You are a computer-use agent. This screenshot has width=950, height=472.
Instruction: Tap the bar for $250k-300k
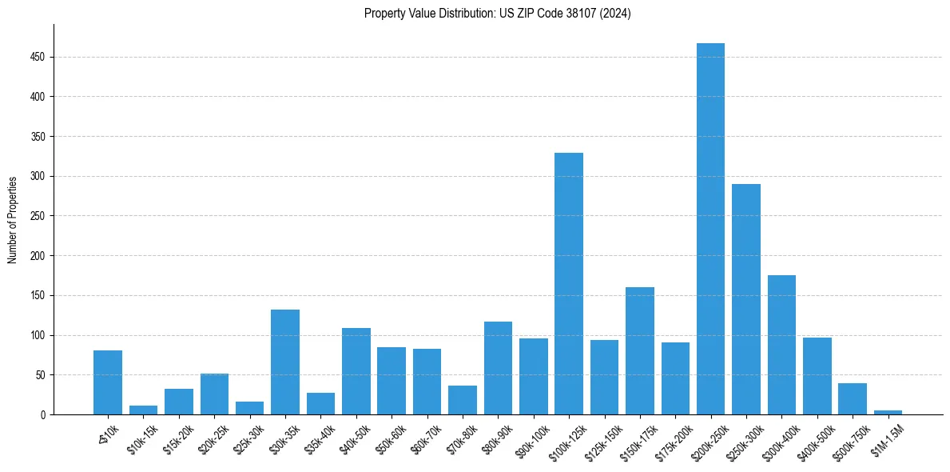[x=746, y=299]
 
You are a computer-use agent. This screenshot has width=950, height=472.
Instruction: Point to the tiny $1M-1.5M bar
[x=888, y=412]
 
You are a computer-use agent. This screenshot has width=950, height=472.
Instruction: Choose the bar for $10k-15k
[x=143, y=410]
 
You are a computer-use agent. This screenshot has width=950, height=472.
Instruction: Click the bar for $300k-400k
[x=781, y=345]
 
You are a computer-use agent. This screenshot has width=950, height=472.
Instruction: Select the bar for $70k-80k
[x=463, y=400]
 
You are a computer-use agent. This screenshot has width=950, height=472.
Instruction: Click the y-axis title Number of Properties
[x=13, y=219]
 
